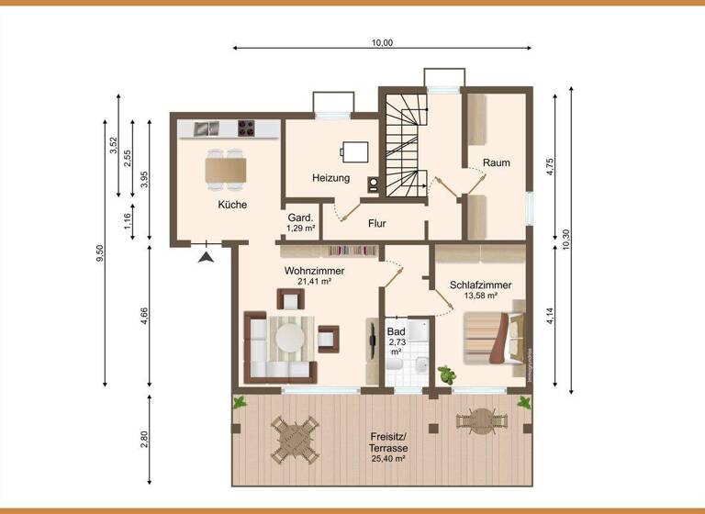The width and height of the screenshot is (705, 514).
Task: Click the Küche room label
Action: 232,205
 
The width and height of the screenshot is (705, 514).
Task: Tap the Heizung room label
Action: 330,178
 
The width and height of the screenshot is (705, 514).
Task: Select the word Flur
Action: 376,223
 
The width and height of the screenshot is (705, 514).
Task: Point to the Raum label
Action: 497,162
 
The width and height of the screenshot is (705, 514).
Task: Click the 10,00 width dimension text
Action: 382,42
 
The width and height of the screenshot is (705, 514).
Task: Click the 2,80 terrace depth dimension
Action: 143,440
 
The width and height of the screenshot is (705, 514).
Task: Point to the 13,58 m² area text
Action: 480,296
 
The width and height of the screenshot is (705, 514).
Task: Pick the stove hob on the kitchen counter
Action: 247,128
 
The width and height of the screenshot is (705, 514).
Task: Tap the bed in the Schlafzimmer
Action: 493,336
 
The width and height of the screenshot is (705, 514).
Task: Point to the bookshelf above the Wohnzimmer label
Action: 353,251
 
